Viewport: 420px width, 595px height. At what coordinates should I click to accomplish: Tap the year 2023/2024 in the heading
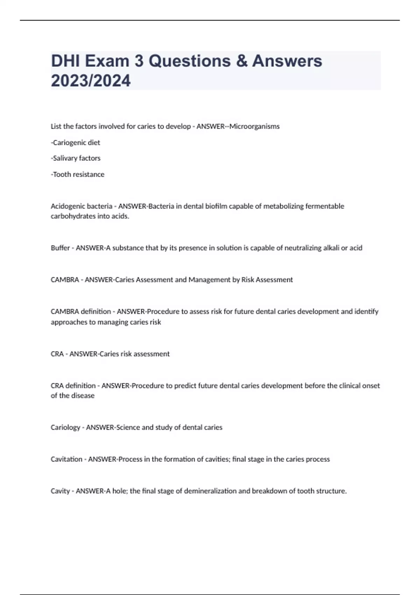(x=91, y=80)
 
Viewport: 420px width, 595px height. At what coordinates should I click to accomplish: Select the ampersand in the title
(x=241, y=61)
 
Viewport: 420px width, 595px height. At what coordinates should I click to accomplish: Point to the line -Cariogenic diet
(x=75, y=142)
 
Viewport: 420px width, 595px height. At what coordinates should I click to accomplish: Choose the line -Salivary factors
(x=76, y=158)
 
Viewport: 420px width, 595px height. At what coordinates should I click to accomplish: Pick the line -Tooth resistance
(x=77, y=174)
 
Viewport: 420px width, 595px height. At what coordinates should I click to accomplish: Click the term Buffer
(x=60, y=248)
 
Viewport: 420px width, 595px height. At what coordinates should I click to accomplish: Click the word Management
(x=209, y=280)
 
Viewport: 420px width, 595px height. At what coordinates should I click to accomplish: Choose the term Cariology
(x=65, y=427)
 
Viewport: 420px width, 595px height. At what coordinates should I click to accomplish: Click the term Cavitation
(x=66, y=459)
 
